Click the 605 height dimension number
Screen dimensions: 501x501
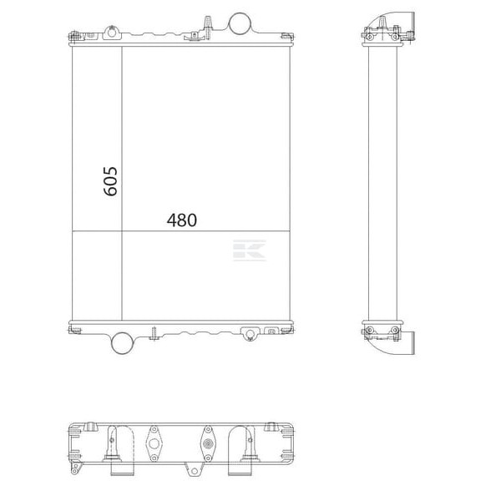[x=110, y=181]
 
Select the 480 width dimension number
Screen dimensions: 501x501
[x=182, y=220]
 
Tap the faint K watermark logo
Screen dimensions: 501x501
[x=249, y=250]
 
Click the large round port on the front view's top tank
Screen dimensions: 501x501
[x=240, y=23]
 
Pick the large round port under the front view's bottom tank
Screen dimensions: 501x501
[x=122, y=343]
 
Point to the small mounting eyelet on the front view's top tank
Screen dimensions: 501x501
[x=112, y=33]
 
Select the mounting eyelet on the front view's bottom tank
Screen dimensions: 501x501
[x=250, y=334]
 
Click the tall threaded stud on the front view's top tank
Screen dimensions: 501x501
[x=207, y=27]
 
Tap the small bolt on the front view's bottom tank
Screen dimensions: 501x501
[x=154, y=333]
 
